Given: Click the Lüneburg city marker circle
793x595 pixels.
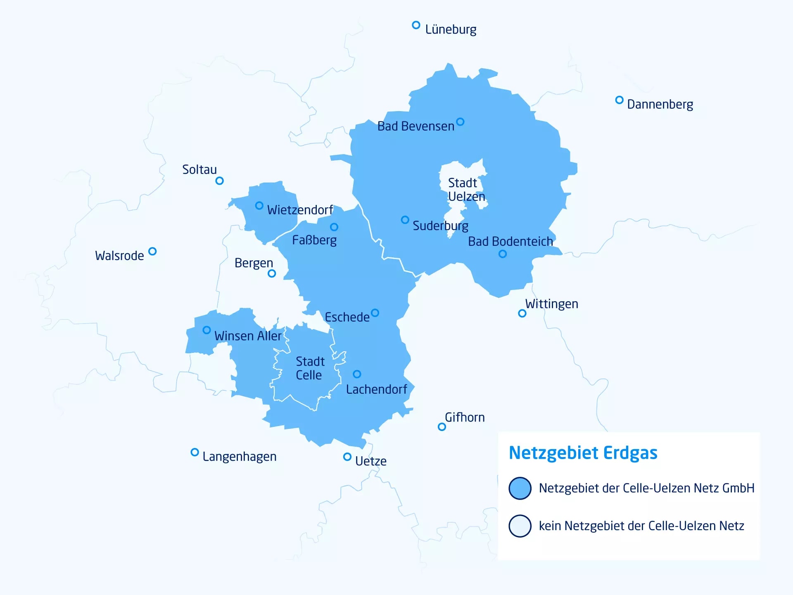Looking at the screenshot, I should pyautogui.click(x=416, y=25).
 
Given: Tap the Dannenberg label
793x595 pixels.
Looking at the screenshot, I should pyautogui.click(x=660, y=104).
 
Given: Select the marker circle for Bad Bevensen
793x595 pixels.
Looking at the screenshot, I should pyautogui.click(x=460, y=122).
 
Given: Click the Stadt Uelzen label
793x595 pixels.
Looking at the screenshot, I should pyautogui.click(x=466, y=190).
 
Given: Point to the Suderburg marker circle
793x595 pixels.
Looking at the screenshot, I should pyautogui.click(x=405, y=220).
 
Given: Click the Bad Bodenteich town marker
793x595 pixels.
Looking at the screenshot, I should pyautogui.click(x=502, y=254).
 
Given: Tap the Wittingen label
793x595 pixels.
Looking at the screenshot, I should pyautogui.click(x=551, y=304).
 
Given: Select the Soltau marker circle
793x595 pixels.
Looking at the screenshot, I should pyautogui.click(x=220, y=181).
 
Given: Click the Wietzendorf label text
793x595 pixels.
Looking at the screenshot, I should pyautogui.click(x=300, y=210).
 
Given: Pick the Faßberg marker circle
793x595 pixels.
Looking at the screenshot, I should pyautogui.click(x=334, y=227).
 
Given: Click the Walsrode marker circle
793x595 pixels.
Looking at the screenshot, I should pyautogui.click(x=152, y=251).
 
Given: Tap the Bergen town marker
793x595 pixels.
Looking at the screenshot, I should pyautogui.click(x=272, y=274).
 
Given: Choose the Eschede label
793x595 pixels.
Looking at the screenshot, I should pyautogui.click(x=347, y=317).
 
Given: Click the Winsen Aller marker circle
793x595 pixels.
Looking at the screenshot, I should pyautogui.click(x=207, y=330).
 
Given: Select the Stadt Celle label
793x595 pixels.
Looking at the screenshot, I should pyautogui.click(x=310, y=368).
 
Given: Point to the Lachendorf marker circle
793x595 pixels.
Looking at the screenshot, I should pyautogui.click(x=357, y=374).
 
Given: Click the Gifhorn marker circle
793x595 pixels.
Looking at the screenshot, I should pyautogui.click(x=442, y=427).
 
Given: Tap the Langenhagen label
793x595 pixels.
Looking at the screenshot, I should pyautogui.click(x=239, y=457).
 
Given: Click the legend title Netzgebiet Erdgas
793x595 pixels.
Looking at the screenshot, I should pyautogui.click(x=583, y=453).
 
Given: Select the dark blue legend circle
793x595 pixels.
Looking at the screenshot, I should pyautogui.click(x=520, y=488).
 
